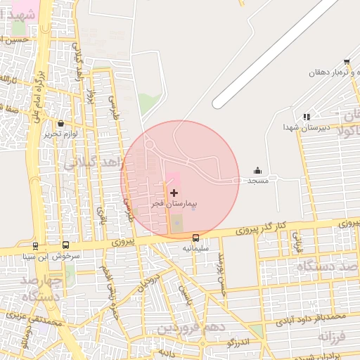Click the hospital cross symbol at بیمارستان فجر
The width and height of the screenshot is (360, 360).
[x=174, y=192]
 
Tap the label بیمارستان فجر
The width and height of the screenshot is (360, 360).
[x=174, y=203]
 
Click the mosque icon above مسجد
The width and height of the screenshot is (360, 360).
[x=257, y=169]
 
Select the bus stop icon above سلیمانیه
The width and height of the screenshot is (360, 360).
[x=195, y=238]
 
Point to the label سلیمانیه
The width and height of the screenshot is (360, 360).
[x=195, y=249]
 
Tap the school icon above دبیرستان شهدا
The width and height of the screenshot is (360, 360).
[x=306, y=117]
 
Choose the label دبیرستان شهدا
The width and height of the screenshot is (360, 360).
[x=301, y=127]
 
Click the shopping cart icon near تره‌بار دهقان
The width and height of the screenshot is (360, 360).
[x=347, y=62]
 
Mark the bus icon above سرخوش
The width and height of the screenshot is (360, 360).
[x=65, y=245]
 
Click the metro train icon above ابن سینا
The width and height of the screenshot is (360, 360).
[x=35, y=246]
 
